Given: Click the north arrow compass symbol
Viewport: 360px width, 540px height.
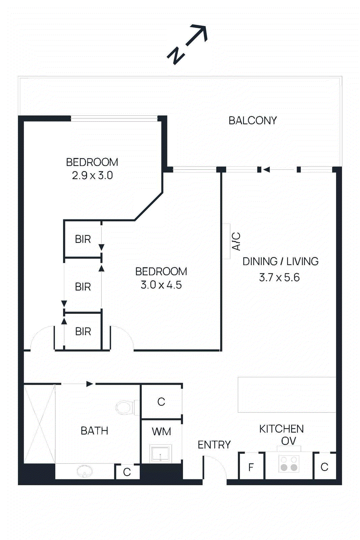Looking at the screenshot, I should (x=188, y=44).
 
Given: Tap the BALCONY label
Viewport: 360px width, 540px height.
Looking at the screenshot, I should (x=252, y=120).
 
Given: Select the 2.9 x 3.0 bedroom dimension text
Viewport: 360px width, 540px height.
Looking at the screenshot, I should (x=92, y=175).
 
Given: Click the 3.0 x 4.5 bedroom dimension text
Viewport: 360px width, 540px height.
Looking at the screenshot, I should (x=161, y=285).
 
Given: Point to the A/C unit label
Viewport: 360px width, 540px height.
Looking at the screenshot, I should (x=237, y=241).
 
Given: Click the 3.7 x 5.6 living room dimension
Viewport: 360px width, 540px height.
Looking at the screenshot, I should (x=279, y=277).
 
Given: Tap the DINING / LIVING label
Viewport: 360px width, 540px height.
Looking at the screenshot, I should (x=280, y=261).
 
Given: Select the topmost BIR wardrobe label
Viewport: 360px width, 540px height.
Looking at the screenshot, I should (x=83, y=239).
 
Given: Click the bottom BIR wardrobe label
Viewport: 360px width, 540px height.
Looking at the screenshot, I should (x=83, y=331).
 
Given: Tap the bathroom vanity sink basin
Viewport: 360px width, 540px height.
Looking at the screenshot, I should (x=84, y=471).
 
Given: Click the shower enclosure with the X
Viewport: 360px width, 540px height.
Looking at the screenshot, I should (x=39, y=424).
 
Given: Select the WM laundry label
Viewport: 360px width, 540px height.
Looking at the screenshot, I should (x=161, y=431).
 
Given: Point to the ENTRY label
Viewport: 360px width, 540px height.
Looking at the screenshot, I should (x=214, y=445).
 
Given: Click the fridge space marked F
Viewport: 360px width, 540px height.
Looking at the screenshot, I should (x=251, y=467).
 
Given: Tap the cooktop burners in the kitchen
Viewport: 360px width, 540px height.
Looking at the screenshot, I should (x=289, y=464).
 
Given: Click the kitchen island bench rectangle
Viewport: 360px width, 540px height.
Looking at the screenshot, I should (x=287, y=395).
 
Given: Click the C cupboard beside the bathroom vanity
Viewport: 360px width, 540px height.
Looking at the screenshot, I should (x=127, y=472).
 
